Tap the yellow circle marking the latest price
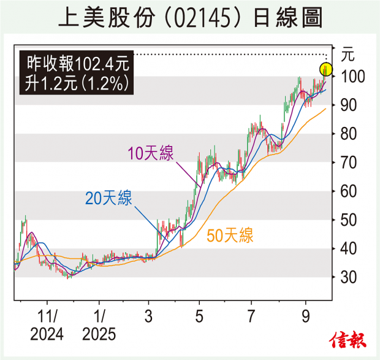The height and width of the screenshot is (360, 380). [x=325, y=69]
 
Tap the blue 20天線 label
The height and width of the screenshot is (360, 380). [x=107, y=197]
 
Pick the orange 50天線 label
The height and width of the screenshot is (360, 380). [x=230, y=235]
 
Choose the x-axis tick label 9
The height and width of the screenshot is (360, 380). [x=305, y=317]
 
